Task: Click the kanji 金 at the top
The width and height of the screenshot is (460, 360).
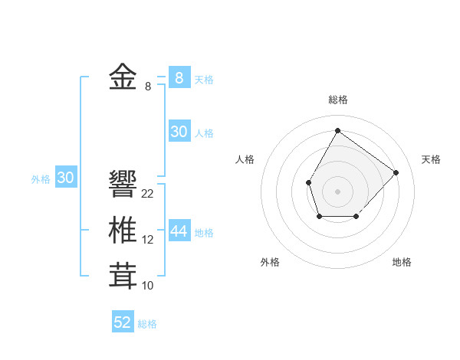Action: [x=123, y=77]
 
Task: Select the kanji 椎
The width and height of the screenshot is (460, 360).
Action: [x=123, y=230]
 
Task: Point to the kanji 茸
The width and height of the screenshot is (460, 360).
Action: [x=123, y=276]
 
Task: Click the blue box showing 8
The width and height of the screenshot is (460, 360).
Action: [x=179, y=77]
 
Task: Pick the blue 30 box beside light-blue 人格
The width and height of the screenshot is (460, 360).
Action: [x=179, y=132]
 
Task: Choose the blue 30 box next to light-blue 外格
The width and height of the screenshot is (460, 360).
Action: [x=66, y=178]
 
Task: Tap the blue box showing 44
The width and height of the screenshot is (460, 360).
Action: [x=179, y=231]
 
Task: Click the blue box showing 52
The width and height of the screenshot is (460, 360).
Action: [x=123, y=322]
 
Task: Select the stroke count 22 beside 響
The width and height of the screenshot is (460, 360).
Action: [x=148, y=194]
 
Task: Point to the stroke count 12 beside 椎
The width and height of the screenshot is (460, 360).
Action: [x=148, y=240]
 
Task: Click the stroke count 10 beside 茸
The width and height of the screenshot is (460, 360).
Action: [x=148, y=286]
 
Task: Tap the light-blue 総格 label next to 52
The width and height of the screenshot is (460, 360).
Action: [x=147, y=324]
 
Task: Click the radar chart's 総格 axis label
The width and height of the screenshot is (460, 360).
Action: [x=337, y=100]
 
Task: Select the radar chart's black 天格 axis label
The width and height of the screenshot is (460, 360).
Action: [x=431, y=159]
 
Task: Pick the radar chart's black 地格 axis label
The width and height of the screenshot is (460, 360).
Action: [x=402, y=262]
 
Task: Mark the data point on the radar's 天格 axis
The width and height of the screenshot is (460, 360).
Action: [x=396, y=172]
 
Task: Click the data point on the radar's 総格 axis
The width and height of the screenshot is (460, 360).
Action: [x=337, y=130]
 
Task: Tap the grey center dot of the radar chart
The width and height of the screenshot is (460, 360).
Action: [x=337, y=190]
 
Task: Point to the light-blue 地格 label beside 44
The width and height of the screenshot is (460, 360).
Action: [x=205, y=233]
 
